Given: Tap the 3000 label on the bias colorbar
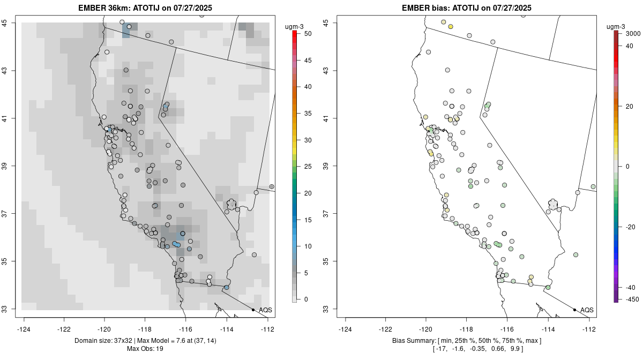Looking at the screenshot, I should coord(632,33).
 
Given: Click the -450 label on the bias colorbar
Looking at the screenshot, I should coord(630,299).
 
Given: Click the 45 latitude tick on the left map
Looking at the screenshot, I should coord(11,22).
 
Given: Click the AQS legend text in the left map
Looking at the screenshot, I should coord(265,310).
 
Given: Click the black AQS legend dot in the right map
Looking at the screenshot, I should coord(574,310).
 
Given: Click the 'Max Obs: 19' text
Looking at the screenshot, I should coord(145,349).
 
